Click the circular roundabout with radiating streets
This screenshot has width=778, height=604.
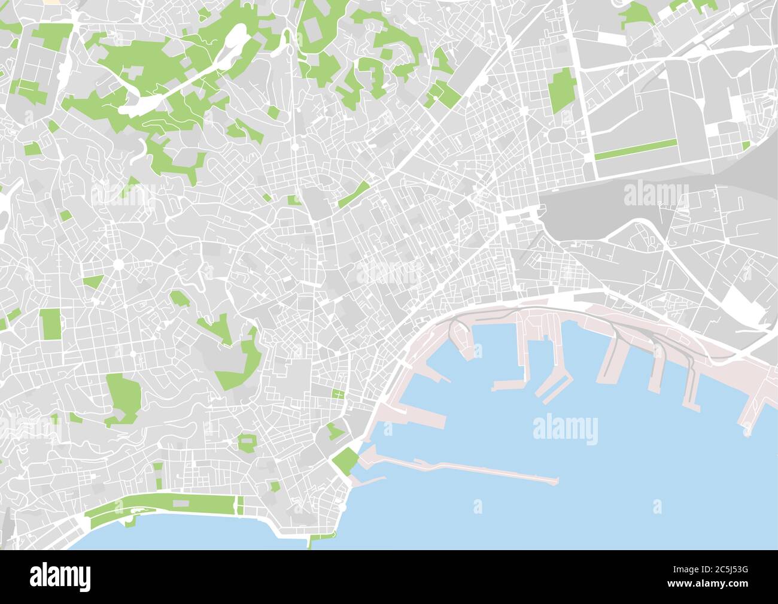(x=118, y=264)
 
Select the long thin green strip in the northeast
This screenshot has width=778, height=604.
(x=636, y=149)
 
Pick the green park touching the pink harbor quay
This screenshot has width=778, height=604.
(x=345, y=460)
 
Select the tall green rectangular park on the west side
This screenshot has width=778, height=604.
(x=51, y=324)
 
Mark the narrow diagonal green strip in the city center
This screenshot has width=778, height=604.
(x=354, y=195)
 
